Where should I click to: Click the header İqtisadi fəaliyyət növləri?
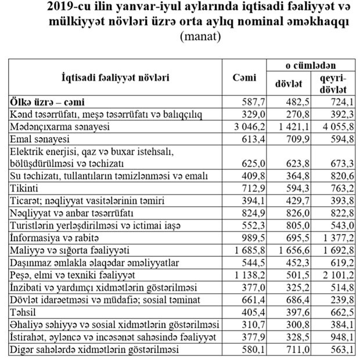click(x=116, y=77)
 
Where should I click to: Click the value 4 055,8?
click(x=336, y=125)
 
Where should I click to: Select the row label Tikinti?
click(x=23, y=188)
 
